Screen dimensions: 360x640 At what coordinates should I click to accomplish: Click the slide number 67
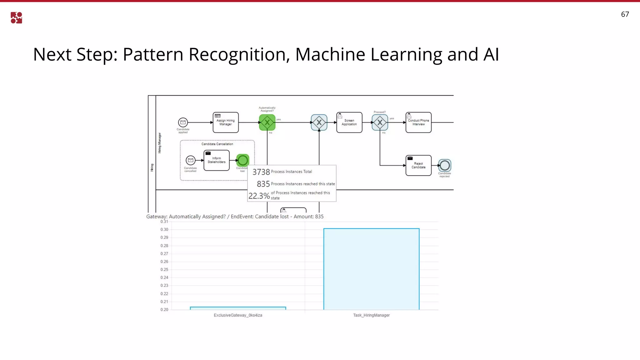625,14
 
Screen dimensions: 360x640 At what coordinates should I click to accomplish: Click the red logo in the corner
16,18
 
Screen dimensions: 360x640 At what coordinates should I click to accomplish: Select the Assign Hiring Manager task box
226,122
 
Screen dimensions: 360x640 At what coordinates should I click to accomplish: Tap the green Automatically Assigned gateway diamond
267,122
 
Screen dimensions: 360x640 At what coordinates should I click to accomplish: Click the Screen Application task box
349,122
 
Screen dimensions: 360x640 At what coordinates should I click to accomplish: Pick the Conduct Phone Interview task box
418,122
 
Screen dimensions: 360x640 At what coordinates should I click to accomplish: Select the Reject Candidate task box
418,165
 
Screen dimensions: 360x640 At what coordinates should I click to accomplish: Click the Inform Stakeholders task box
217,160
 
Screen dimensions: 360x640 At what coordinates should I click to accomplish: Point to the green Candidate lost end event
243,160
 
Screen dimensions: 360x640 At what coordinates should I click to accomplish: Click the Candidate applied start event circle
183,122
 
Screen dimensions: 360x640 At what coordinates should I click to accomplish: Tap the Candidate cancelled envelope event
190,160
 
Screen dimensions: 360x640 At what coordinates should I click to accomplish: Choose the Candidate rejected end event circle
445,165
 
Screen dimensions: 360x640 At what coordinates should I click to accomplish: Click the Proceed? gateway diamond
380,122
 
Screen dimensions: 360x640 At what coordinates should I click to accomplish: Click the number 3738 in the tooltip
261,172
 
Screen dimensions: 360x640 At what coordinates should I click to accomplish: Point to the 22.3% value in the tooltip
259,196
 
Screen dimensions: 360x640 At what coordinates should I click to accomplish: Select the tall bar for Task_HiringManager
371,269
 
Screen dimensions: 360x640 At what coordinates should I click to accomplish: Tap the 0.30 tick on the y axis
164,230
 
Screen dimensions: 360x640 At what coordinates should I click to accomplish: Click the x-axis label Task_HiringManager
371,315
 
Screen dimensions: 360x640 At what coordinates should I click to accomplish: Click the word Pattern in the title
153,54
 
